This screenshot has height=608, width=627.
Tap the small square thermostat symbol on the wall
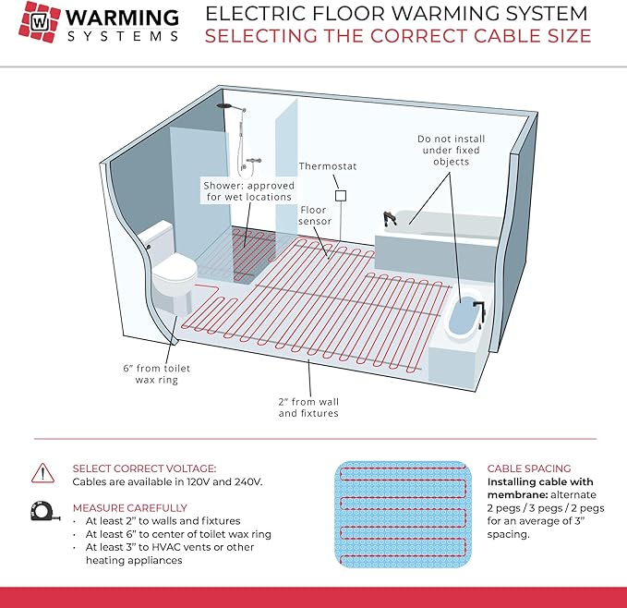340,196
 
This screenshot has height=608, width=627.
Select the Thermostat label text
327,166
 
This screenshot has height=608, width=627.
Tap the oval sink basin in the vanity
461,320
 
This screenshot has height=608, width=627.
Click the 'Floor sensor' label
314,216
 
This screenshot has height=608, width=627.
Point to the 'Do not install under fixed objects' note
451,150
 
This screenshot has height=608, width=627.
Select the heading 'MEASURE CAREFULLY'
129,507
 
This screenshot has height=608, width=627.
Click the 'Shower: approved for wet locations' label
247,190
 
